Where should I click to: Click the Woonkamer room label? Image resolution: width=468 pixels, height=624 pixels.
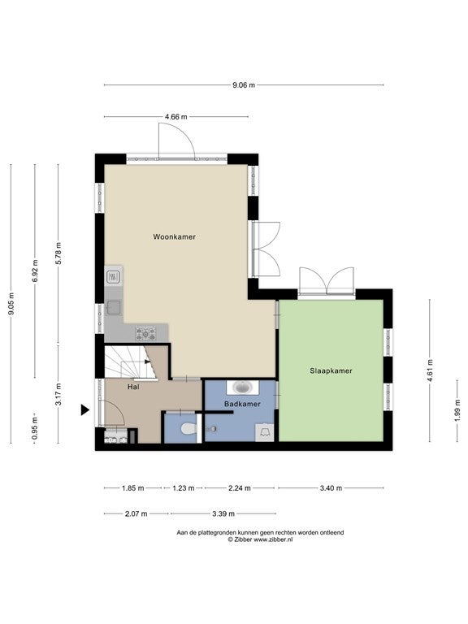point(175,236)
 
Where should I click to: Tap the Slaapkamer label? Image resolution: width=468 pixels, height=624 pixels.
point(331,370)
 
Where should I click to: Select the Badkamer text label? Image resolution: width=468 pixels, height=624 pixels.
point(242,404)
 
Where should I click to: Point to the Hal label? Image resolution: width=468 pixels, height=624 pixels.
point(134,387)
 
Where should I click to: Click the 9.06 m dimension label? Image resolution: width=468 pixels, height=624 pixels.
point(244,84)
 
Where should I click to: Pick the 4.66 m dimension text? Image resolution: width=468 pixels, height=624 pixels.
point(175,117)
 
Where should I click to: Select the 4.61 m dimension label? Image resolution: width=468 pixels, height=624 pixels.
point(430,370)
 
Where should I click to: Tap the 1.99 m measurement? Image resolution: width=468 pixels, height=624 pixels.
point(457,409)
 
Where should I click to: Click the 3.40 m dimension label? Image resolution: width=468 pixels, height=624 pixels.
point(331,487)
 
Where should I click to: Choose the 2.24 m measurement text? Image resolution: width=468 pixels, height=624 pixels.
point(240,487)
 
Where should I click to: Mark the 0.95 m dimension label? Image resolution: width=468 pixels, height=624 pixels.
point(35,428)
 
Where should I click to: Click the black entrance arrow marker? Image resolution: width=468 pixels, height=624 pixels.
point(85,409)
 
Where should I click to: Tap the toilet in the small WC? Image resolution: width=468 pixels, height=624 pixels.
point(188,429)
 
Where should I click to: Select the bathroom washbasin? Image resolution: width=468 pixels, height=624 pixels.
point(243,387)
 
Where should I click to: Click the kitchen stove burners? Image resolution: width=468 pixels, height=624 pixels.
point(146,333)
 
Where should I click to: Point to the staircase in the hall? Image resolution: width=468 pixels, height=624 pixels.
point(130,362)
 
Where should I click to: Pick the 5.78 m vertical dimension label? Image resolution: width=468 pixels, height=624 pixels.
point(58,253)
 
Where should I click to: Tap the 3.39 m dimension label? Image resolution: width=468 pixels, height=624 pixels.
point(223,513)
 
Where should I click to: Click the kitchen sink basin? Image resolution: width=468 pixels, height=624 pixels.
point(114,308)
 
